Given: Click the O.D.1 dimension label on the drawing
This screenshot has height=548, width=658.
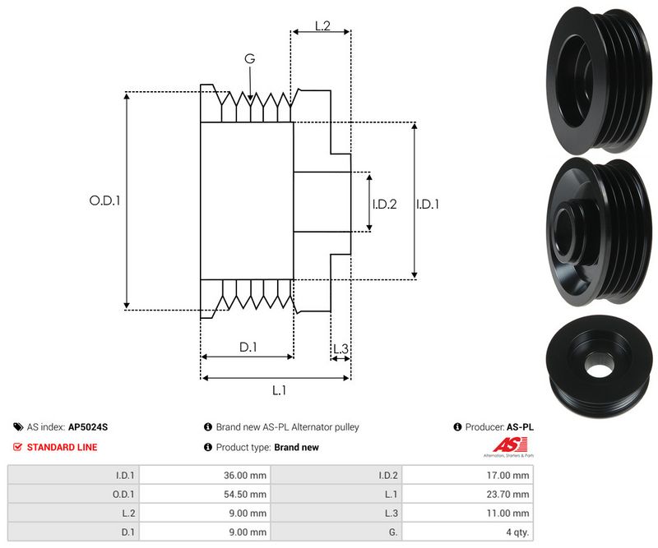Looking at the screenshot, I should tap(104, 200).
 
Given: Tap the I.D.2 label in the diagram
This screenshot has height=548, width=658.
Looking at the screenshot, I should tap(384, 204).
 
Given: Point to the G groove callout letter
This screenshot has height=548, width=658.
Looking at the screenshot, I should tap(249, 59).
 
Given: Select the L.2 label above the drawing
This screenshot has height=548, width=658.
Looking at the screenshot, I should tap(322, 26).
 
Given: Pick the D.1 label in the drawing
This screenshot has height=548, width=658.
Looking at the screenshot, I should tap(248, 348).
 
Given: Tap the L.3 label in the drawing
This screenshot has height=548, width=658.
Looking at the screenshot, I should tap(341, 349).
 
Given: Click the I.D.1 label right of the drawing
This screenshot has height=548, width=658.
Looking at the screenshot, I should tap(428, 204).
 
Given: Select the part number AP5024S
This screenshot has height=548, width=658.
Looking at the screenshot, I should tap(88, 427).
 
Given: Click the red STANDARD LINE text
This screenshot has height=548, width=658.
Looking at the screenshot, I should tap(62, 447).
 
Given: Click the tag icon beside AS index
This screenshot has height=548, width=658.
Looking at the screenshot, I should tap(18, 427).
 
